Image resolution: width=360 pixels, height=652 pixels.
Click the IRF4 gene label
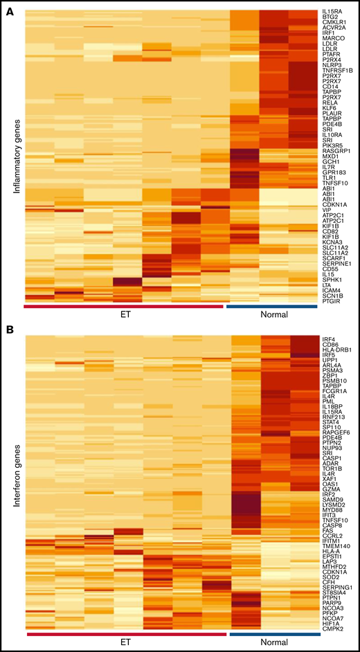click(329, 337)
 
